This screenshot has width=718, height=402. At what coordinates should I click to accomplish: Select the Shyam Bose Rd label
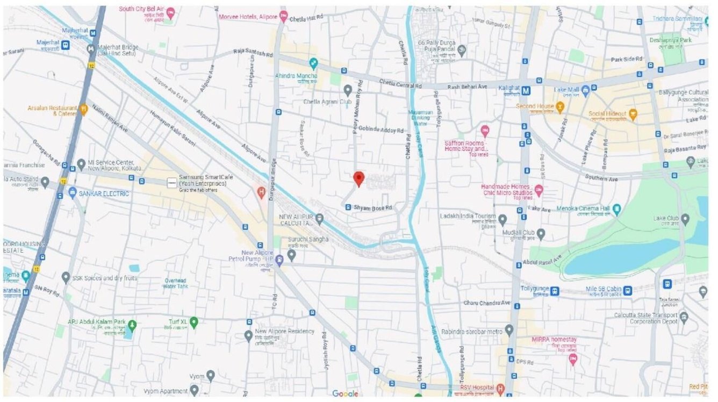tap(373, 207)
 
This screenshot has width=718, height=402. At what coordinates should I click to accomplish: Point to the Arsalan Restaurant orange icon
tap(83, 110)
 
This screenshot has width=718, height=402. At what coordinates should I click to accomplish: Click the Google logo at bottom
tap(345, 394)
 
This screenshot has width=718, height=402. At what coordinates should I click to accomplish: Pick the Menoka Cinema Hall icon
tap(617, 209)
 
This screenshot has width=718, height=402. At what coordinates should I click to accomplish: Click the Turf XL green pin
tap(194, 322)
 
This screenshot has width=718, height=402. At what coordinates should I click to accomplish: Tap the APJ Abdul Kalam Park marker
tap(132, 324)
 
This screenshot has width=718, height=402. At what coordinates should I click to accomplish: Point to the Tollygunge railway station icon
tap(555, 291)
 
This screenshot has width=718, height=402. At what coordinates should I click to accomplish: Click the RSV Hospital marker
tap(500, 389)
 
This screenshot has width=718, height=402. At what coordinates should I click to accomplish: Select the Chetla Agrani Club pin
tap(348, 90)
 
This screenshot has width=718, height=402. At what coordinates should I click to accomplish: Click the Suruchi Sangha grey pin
tap(291, 255)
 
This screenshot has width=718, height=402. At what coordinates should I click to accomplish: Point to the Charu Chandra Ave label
tap(487, 303)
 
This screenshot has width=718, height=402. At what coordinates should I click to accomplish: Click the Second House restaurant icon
tap(559, 106)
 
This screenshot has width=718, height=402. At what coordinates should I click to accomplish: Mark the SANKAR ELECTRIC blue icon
tap(73, 193)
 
